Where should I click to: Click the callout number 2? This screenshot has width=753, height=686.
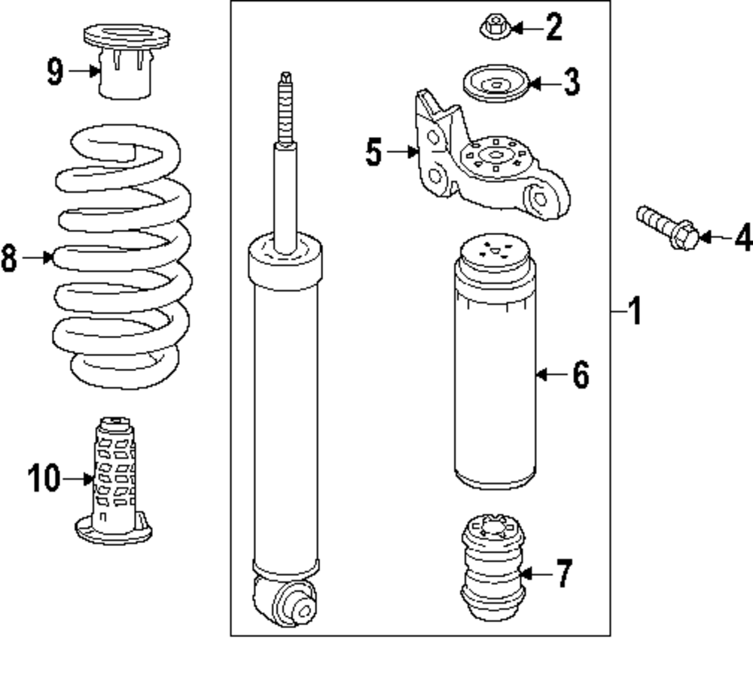pyautogui.click(x=553, y=28)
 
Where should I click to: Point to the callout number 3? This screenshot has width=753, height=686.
pyautogui.click(x=572, y=81)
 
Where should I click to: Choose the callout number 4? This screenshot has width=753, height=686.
pyautogui.click(x=742, y=239)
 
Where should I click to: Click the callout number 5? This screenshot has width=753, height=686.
pyautogui.click(x=374, y=153)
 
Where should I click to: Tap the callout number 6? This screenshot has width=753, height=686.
pyautogui.click(x=580, y=374)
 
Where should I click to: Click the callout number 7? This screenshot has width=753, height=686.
pyautogui.click(x=564, y=575)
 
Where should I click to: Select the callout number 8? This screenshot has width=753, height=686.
pyautogui.click(x=8, y=258)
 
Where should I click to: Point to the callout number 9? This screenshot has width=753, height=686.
pyautogui.click(x=55, y=72)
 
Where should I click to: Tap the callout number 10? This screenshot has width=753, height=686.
pyautogui.click(x=44, y=478)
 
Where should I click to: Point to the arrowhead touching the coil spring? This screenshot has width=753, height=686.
pyautogui.click(x=49, y=258)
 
